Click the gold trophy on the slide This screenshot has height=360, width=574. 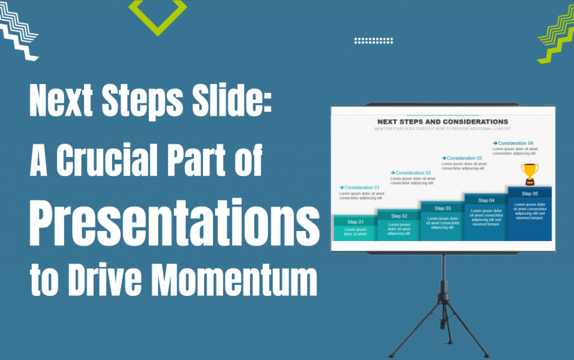[529, 174]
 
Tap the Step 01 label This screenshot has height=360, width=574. [355, 222]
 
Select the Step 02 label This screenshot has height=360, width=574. [399, 216]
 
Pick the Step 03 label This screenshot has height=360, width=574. [443, 209]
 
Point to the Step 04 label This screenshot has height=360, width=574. [486, 201]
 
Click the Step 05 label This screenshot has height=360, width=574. [530, 193]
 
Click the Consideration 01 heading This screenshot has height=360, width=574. [362, 187]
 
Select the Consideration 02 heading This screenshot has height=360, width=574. [413, 173]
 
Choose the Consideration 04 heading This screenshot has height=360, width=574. [515, 144]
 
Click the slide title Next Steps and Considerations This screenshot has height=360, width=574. [442, 122]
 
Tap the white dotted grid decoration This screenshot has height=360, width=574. [374, 40]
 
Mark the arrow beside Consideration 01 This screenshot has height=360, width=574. [341, 187]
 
